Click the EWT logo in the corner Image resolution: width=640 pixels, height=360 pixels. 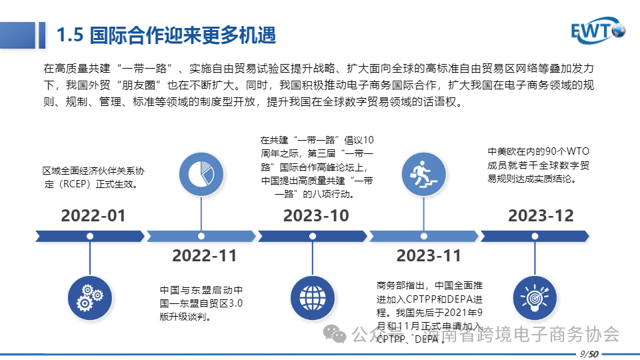click(x=597, y=31)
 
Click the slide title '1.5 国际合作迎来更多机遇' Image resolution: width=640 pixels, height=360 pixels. click(x=166, y=35)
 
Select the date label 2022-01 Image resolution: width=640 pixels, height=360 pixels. click(x=93, y=216)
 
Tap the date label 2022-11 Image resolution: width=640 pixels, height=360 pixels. click(x=204, y=255)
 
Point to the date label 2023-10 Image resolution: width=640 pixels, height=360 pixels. click(x=316, y=216)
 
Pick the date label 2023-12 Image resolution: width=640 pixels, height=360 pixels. click(x=541, y=216)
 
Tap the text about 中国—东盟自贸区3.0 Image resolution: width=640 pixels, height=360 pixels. click(x=201, y=304)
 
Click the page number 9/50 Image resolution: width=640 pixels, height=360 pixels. click(x=589, y=353)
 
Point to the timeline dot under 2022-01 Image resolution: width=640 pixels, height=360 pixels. click(x=89, y=235)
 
